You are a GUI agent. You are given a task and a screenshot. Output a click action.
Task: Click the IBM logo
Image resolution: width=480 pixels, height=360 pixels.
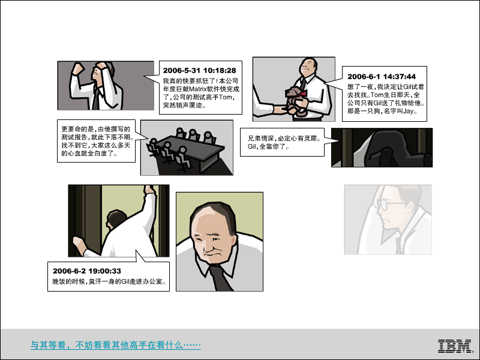[x=454, y=346]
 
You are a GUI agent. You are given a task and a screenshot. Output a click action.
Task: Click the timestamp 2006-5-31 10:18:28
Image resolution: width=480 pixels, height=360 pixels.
[x=199, y=70]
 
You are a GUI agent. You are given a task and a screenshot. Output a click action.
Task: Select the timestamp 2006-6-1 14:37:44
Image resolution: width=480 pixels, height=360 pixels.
[x=382, y=77]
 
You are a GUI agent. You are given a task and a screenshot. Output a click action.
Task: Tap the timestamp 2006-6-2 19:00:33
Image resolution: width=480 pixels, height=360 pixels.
[x=86, y=271]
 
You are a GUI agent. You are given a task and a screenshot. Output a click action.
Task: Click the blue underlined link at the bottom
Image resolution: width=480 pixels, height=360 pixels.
[x=116, y=345]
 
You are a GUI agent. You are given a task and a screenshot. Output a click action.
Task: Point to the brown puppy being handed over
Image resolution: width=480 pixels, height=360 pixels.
[x=295, y=100]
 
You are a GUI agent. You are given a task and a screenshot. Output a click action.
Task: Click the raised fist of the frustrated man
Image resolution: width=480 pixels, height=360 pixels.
[x=77, y=69]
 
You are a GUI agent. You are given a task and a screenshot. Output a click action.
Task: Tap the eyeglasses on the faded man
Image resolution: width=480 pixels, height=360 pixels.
[x=389, y=203]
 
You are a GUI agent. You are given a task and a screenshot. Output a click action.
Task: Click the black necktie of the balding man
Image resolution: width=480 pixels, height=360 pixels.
[x=221, y=278]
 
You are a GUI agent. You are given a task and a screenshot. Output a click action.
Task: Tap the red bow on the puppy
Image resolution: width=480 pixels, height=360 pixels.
[x=303, y=94]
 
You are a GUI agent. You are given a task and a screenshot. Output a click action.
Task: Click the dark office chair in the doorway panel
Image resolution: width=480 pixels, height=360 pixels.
[x=395, y=149]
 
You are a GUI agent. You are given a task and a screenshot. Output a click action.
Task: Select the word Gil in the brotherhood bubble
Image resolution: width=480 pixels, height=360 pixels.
[x=251, y=146]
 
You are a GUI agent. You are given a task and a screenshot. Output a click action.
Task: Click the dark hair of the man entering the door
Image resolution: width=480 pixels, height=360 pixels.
[x=116, y=218]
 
